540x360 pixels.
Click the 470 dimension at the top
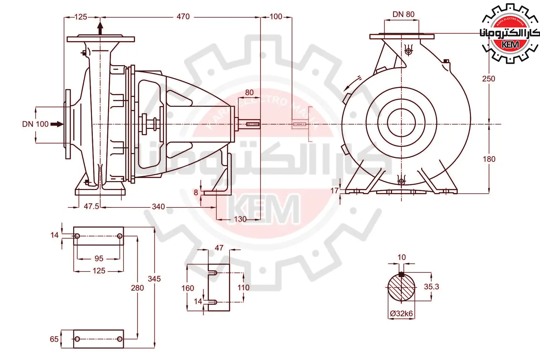click(183, 17)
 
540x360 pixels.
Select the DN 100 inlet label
click(35, 124)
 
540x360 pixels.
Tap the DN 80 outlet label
click(404, 14)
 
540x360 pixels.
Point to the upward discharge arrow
click(100, 28)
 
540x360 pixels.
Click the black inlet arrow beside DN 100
click(57, 124)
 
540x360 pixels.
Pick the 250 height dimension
click(489, 79)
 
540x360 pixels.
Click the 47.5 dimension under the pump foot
click(91, 206)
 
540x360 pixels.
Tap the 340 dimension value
click(158, 207)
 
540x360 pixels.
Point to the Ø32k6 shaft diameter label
click(401, 314)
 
